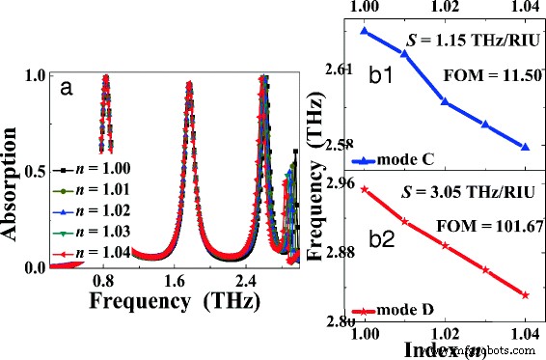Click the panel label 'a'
coord(67,89)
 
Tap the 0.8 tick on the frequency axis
coord(104,281)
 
